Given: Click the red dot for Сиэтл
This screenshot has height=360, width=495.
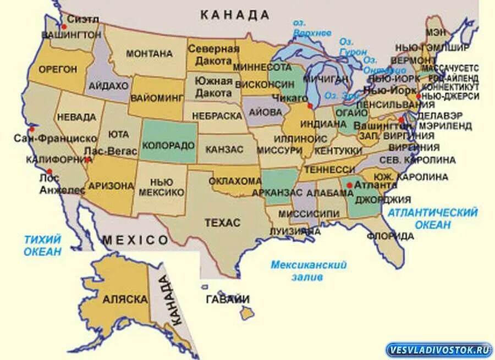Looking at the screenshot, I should (x=64, y=26).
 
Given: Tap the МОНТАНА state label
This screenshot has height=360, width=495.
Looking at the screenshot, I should (x=149, y=54).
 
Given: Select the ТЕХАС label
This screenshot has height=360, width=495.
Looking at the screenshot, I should (x=222, y=223).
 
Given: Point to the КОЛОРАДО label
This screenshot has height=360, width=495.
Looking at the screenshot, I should (x=168, y=146).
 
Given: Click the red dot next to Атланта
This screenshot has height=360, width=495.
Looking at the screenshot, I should (x=349, y=185).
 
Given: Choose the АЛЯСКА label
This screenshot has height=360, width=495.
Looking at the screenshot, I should (x=125, y=300).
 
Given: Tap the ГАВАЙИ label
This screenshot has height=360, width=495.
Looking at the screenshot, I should (x=227, y=300).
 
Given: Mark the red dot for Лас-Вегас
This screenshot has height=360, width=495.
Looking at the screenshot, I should (x=88, y=159).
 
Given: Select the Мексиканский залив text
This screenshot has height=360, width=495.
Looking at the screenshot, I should (x=308, y=271).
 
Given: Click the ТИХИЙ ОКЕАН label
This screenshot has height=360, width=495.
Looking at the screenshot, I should (x=42, y=245).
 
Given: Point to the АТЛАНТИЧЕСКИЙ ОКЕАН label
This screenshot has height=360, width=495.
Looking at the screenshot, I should (x=432, y=218).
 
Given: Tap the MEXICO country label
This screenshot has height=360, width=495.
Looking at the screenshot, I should (x=135, y=240).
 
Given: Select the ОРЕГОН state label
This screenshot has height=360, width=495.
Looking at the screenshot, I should (x=57, y=69).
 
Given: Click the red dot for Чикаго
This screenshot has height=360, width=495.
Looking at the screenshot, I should (x=310, y=106).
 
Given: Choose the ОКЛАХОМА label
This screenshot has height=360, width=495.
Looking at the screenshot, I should (x=235, y=181).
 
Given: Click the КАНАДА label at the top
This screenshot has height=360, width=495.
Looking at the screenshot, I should (x=235, y=15).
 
